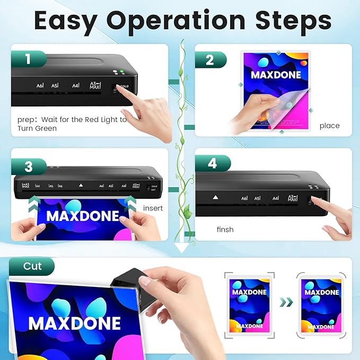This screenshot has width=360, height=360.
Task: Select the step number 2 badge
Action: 210,60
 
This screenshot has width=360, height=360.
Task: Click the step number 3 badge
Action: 28,167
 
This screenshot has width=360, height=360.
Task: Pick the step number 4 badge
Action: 212,163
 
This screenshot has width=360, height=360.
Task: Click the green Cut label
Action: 32,267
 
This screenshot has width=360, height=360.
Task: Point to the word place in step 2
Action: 329,126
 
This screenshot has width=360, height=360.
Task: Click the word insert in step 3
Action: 153,208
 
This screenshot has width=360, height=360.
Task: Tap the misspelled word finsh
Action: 225,230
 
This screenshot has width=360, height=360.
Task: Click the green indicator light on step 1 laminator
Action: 121,72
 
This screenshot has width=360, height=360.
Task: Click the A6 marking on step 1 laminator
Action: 40,85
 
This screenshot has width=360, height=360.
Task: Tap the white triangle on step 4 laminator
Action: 215,197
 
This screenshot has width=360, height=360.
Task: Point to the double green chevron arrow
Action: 286,302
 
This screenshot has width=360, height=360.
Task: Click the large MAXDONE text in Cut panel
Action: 74,323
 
